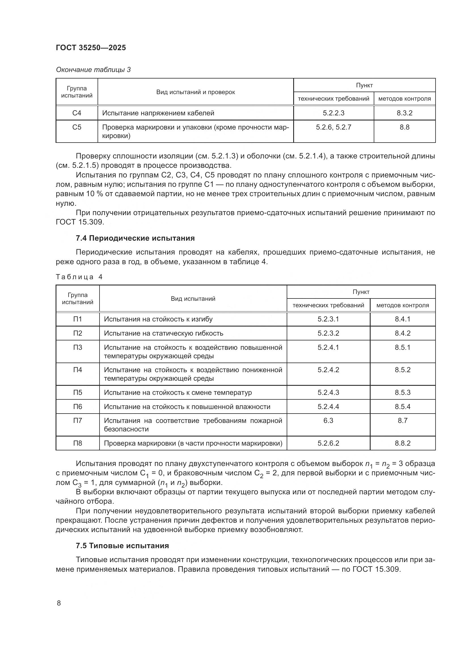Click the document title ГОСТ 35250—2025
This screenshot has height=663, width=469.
tap(91, 48)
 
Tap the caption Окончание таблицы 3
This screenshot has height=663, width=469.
tap(93, 70)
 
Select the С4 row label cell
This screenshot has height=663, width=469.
tap(77, 113)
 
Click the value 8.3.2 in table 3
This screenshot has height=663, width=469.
tap(404, 113)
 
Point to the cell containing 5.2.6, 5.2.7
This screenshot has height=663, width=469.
tap(333, 127)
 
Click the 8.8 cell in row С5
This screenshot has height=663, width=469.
tap(404, 127)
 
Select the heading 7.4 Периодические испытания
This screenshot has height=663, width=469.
tap(135, 238)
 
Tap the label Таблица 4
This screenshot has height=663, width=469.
tap(79, 277)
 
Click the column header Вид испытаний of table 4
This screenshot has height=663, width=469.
tap(193, 298)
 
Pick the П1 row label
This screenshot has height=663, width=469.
tap(77, 319)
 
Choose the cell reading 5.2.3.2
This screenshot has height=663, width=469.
tap(328, 333)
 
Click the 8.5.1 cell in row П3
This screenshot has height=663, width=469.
tap(402, 348)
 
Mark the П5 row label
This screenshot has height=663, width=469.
tap(77, 392)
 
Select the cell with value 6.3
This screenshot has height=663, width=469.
tap(328, 420)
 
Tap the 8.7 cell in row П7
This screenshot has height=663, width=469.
tap(402, 420)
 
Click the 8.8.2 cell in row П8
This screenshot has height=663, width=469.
tap(402, 443)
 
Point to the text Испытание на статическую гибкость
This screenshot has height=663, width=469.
tap(163, 333)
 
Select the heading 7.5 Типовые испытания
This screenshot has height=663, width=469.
tap(122, 546)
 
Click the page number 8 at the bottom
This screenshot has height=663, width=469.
tap(59, 603)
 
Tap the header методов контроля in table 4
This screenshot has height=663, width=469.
tap(402, 305)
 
